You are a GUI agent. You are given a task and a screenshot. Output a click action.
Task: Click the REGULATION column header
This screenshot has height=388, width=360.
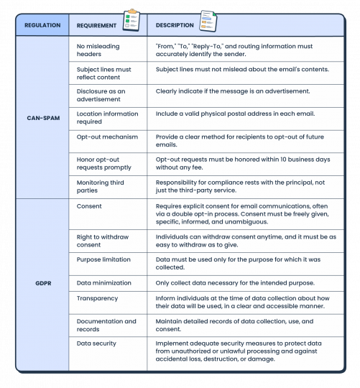tap(42, 25)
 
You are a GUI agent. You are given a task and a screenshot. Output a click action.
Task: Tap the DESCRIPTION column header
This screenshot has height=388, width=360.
tap(175, 25)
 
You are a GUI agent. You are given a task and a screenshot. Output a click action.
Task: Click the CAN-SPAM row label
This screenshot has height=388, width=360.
tap(42, 117)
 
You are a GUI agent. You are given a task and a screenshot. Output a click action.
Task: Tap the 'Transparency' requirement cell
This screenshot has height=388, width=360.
tap(97, 297)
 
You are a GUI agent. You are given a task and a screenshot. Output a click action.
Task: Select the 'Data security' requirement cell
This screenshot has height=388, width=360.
tap(96, 343)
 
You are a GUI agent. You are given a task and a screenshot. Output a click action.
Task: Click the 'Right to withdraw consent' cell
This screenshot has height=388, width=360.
tap(98, 239)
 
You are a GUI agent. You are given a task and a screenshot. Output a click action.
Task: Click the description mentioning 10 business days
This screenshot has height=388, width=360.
tap(241, 161)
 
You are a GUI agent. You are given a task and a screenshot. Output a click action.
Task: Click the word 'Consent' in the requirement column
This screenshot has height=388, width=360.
tap(89, 206)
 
